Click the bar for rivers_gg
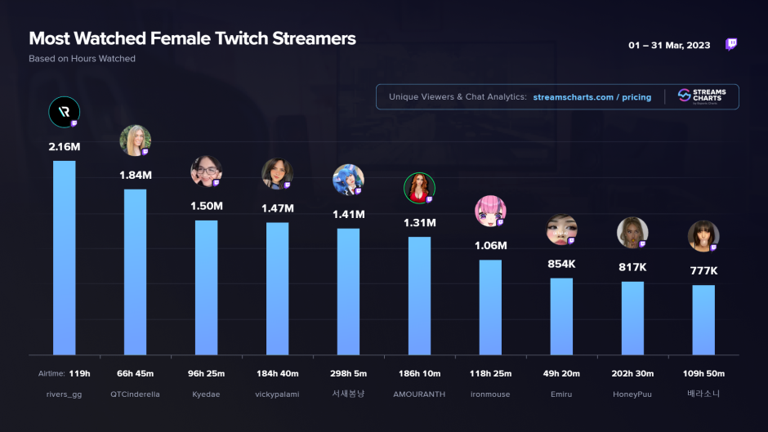[65, 257]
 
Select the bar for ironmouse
[490, 307]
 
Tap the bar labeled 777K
[703, 319]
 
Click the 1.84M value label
[136, 176]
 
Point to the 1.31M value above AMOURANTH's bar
[419, 223]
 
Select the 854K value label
[561, 265]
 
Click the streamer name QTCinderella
[136, 394]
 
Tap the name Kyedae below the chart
[206, 394]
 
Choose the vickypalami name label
[277, 394]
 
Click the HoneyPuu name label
[632, 394]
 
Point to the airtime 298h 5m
[348, 374]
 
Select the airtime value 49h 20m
[561, 374]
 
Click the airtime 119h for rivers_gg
[79, 374]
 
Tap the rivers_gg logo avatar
[64, 112]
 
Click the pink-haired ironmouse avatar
[489, 211]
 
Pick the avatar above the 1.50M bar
[205, 171]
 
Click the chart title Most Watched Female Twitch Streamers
[192, 38]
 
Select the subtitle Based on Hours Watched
[82, 59]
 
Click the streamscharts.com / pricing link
[592, 97]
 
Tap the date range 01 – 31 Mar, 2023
[669, 45]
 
